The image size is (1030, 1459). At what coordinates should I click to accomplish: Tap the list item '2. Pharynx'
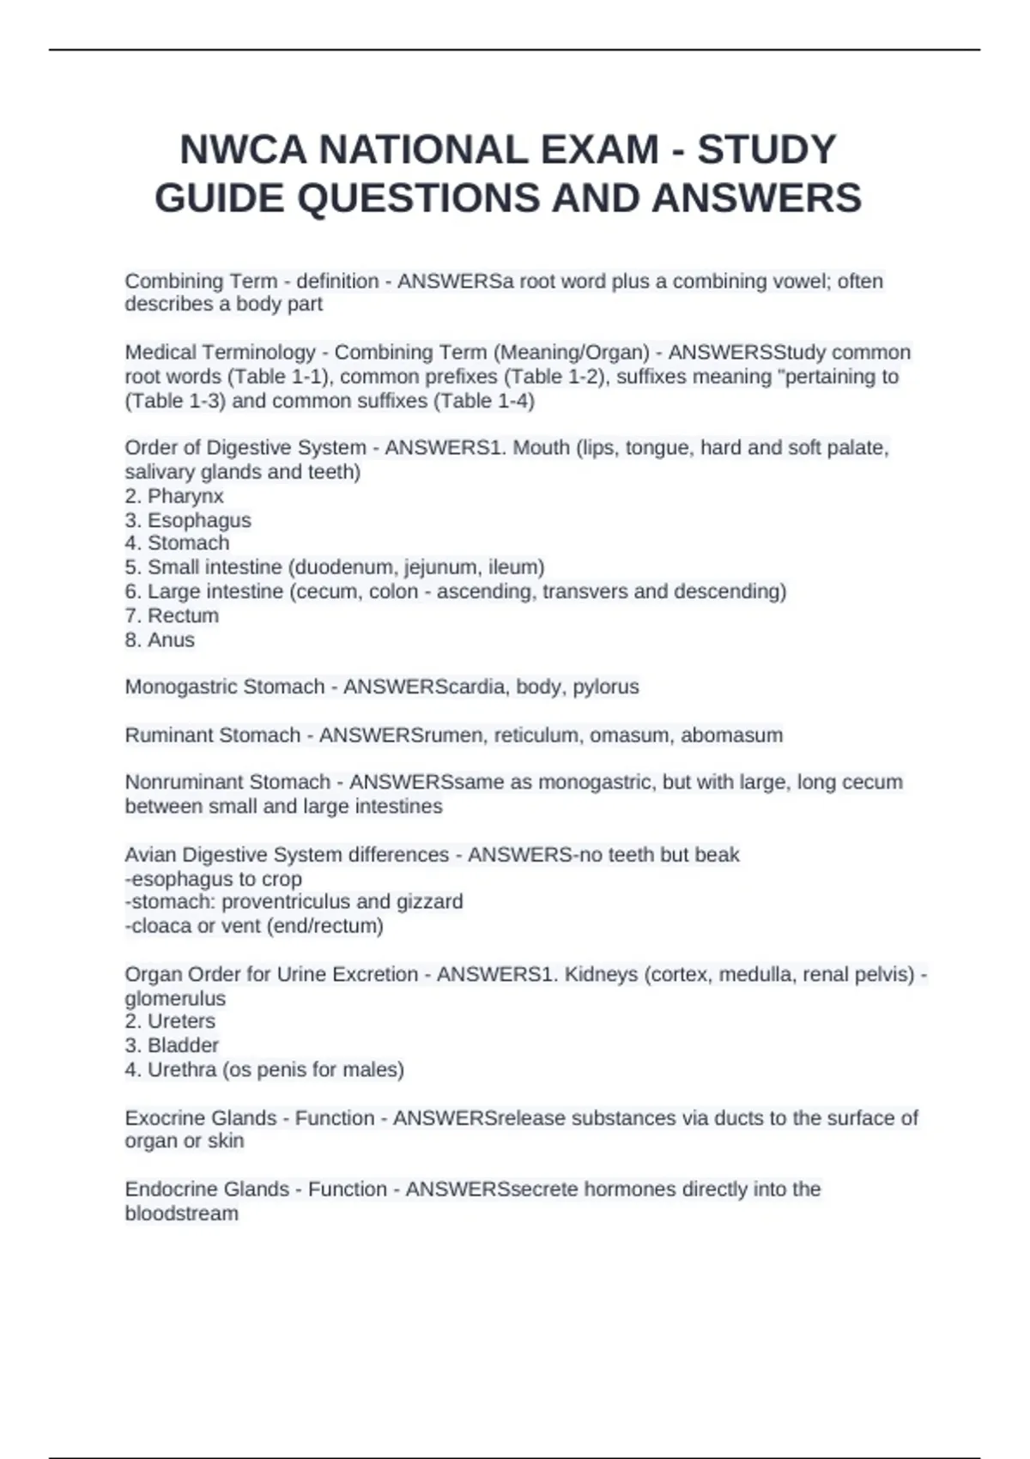click(174, 496)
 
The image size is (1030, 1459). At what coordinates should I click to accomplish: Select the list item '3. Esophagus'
click(188, 520)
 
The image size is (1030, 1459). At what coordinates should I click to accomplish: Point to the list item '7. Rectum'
click(172, 615)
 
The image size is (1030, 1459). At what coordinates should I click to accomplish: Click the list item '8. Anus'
click(160, 639)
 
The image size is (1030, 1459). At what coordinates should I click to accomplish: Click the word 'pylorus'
click(606, 687)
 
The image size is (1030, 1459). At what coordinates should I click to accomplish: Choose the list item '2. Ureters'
click(170, 1021)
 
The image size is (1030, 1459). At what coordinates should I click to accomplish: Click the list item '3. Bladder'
click(172, 1045)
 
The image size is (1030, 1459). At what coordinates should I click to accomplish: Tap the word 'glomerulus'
click(175, 998)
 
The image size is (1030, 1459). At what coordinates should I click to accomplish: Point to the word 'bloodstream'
click(181, 1214)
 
